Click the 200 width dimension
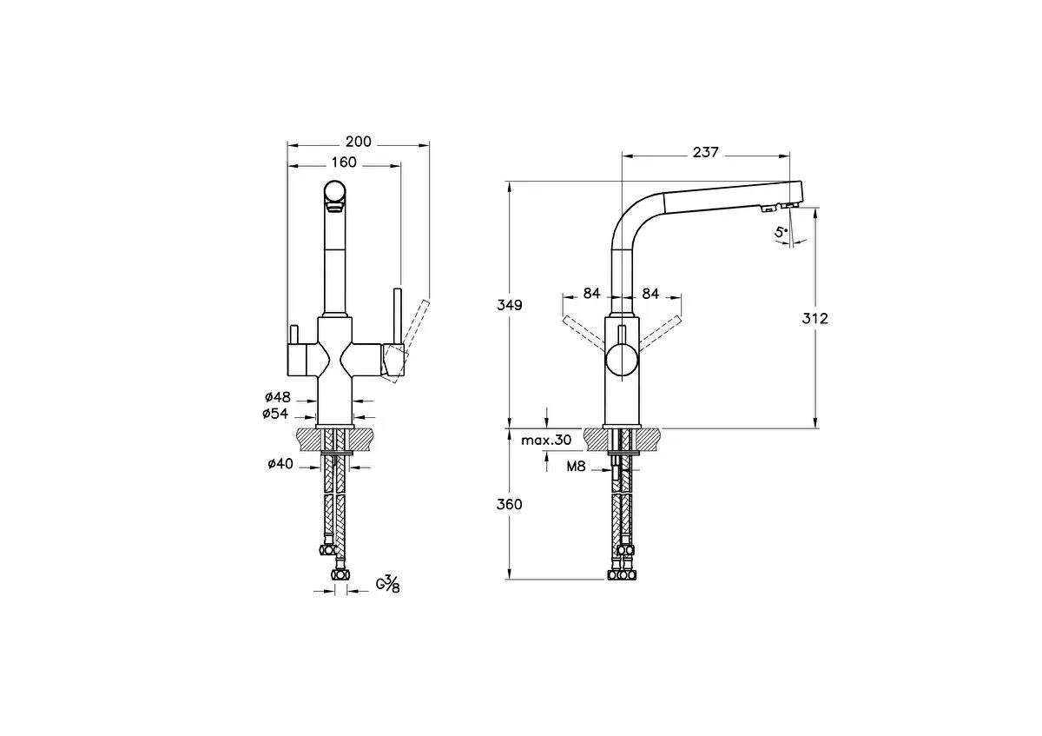pyautogui.click(x=359, y=142)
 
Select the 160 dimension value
pyautogui.click(x=344, y=162)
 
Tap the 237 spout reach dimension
pyautogui.click(x=705, y=152)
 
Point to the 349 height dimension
pyautogui.click(x=510, y=305)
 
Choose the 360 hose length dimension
pyautogui.click(x=510, y=504)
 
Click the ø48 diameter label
pyautogui.click(x=278, y=398)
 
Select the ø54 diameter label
pyautogui.click(x=277, y=414)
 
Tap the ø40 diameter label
pyautogui.click(x=280, y=464)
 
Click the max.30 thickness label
pyautogui.click(x=546, y=441)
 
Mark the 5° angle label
pyautogui.click(x=781, y=231)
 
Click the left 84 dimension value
pyautogui.click(x=591, y=294)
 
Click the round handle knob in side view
pyautogui.click(x=622, y=359)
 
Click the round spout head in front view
pyautogui.click(x=334, y=192)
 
